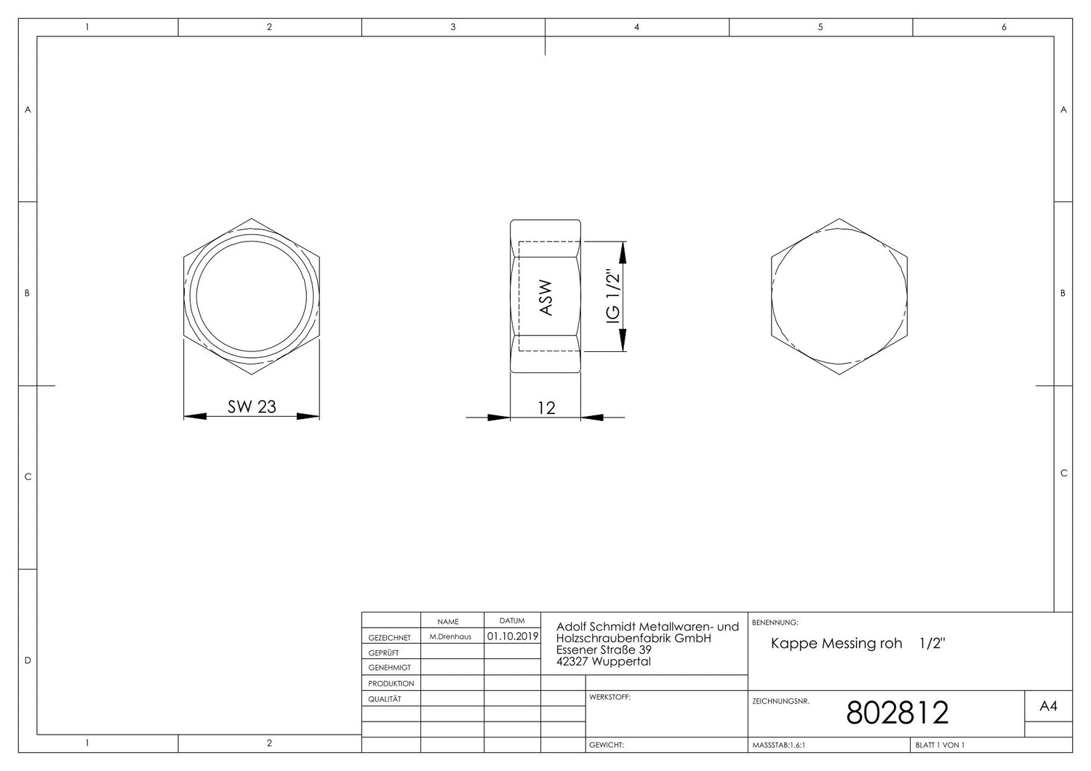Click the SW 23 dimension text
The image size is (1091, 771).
(252, 406)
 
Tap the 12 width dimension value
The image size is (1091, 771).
(546, 408)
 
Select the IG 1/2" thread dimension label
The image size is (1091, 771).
(613, 295)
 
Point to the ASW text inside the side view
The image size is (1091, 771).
(546, 297)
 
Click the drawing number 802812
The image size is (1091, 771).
(897, 713)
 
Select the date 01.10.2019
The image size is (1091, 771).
(513, 636)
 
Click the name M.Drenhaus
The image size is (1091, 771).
(450, 636)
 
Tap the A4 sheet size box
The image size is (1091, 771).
(1048, 706)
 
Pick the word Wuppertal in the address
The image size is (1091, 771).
(621, 661)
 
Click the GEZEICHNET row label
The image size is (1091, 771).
(389, 638)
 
